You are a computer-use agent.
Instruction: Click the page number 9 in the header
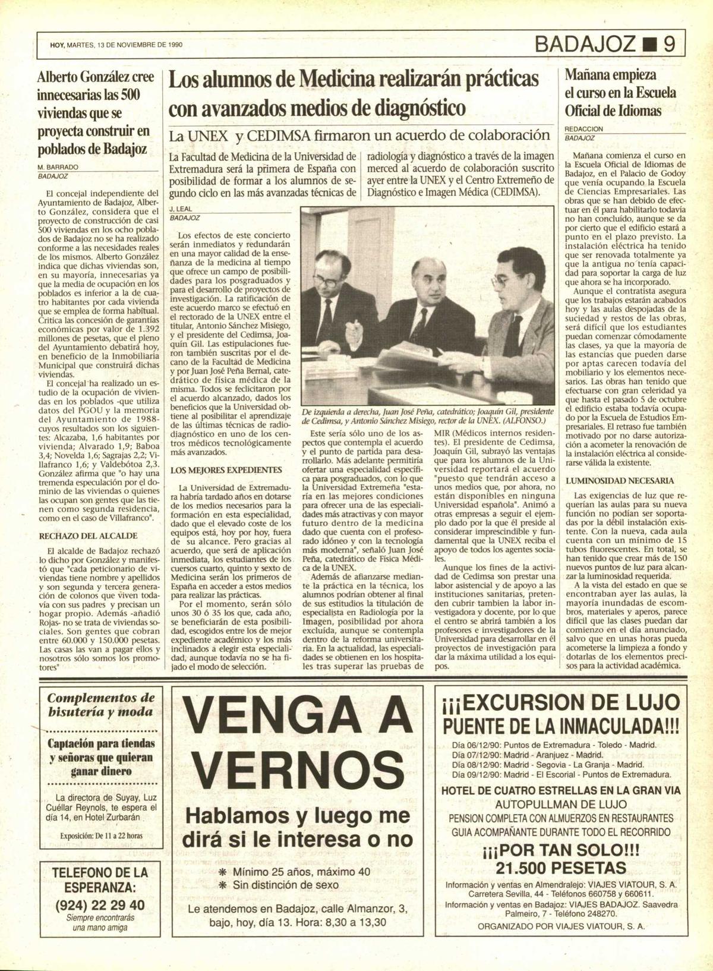pos(670,45)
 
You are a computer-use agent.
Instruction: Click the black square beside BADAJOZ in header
pos(648,45)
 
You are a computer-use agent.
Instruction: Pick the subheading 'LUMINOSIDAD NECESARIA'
pos(620,480)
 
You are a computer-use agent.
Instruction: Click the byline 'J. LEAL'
pos(179,210)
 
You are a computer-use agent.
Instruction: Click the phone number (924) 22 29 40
pos(99,905)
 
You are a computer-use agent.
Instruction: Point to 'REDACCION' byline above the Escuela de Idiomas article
pos(584,128)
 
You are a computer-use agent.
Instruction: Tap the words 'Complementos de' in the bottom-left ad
pos(101,698)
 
